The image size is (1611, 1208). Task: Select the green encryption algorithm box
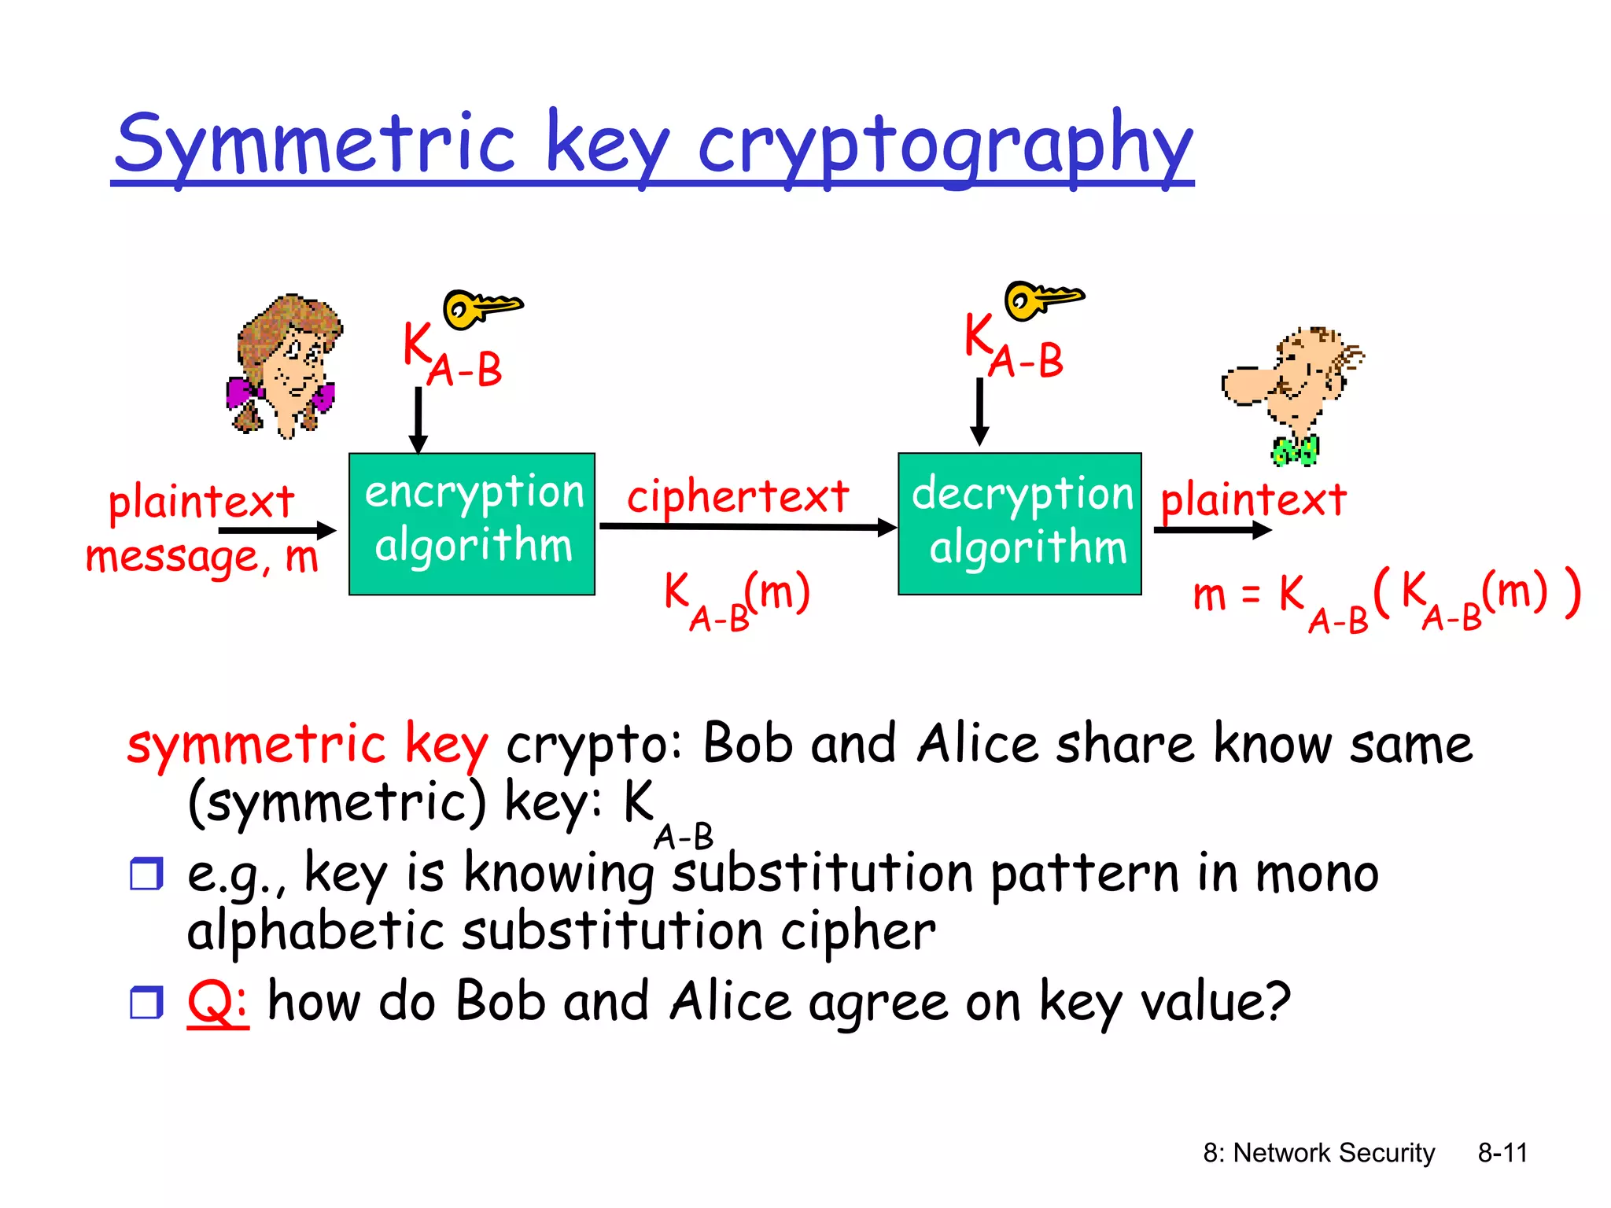[472, 524]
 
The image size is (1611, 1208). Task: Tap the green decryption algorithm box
[1019, 524]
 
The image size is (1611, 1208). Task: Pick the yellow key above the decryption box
[1041, 300]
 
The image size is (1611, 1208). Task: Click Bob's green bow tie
[1295, 451]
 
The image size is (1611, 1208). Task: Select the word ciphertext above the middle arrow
[738, 497]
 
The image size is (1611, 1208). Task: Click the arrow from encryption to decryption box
[747, 527]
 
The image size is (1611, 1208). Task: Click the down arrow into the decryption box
[979, 412]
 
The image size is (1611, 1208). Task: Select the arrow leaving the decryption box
[1211, 530]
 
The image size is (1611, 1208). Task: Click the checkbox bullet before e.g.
[146, 874]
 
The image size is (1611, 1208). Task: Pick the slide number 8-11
[1502, 1153]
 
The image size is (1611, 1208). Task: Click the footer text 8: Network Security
[1319, 1153]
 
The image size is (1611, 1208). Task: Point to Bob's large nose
[1251, 385]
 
